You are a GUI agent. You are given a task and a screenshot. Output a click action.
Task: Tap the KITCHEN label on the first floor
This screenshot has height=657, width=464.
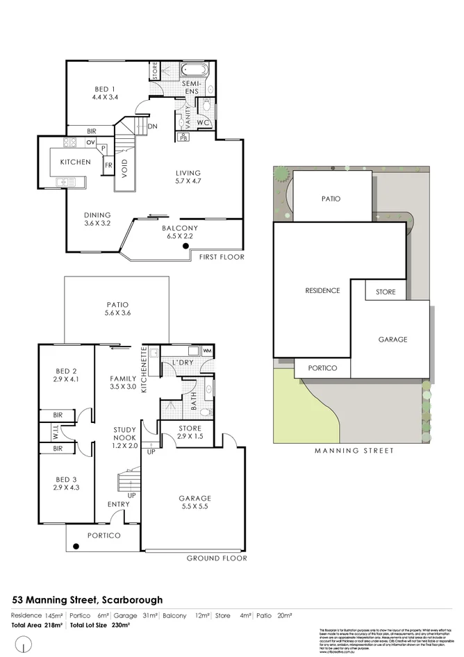(x=75, y=162)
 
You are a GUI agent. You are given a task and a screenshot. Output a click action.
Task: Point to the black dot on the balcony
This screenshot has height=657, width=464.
(x=185, y=246)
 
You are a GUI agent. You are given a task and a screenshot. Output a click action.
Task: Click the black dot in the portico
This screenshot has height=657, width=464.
(x=76, y=546)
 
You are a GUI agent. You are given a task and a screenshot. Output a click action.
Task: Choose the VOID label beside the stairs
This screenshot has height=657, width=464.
(x=125, y=170)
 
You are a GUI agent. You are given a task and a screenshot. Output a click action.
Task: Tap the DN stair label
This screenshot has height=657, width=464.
(x=151, y=126)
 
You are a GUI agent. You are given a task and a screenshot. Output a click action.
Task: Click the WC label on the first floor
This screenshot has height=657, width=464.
(x=203, y=123)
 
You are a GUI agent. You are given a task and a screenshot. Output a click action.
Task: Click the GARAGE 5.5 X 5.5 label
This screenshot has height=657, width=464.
(x=194, y=503)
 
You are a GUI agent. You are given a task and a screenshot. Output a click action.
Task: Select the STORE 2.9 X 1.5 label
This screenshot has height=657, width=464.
(x=190, y=433)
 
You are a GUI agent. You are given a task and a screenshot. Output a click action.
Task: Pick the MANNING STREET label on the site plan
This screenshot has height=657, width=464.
(x=354, y=451)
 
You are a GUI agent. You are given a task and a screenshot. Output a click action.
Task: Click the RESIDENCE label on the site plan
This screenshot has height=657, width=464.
(x=323, y=290)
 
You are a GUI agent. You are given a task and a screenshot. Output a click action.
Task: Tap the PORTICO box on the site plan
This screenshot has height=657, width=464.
(x=322, y=368)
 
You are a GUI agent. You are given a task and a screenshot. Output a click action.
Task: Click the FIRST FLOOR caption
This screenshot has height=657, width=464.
(x=222, y=257)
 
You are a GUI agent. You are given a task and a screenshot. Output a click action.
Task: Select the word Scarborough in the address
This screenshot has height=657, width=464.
(x=132, y=599)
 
